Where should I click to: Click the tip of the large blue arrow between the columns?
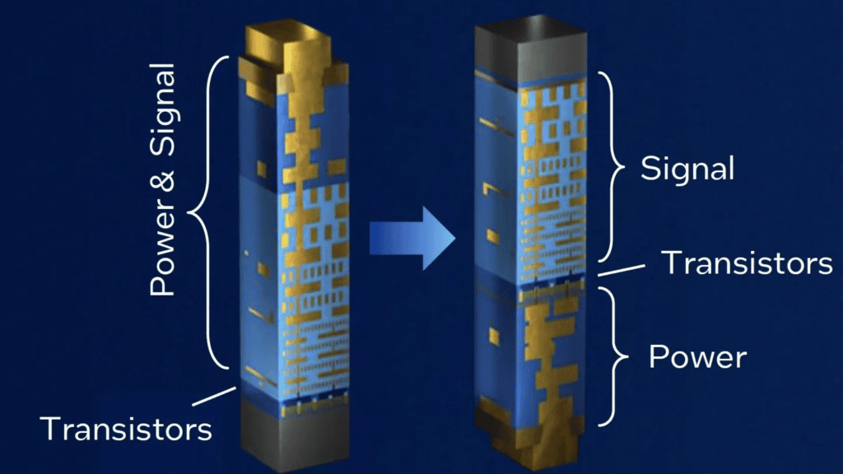[456, 238]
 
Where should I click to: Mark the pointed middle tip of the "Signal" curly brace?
[626, 167]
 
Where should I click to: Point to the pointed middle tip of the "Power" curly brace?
[628, 356]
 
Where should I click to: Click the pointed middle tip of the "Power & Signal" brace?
[188, 212]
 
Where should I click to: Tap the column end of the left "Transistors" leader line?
[235, 388]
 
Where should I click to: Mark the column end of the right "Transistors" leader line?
[599, 275]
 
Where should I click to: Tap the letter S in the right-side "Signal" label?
[650, 168]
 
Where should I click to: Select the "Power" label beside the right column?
[697, 357]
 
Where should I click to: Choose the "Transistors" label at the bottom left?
[126, 429]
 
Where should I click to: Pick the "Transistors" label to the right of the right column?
[747, 263]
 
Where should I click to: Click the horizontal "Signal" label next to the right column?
[687, 170]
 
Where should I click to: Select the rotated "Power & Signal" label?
[163, 179]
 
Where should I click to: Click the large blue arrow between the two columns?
[413, 238]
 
